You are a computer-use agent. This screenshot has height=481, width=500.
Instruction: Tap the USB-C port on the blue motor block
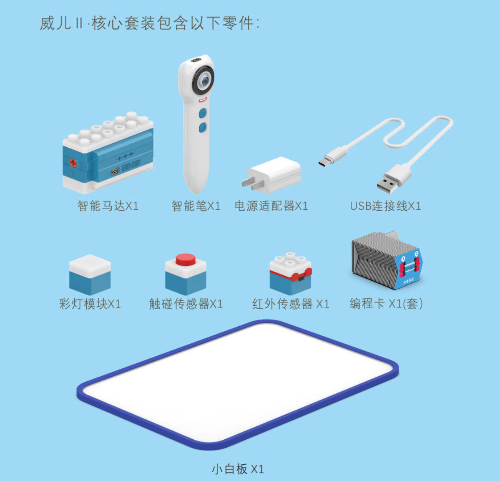[x=115, y=171]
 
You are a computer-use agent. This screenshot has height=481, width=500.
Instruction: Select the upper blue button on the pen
[x=203, y=113]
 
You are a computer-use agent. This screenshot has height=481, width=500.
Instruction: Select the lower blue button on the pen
[x=203, y=128]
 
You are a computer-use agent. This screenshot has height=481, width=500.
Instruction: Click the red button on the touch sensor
[x=185, y=259]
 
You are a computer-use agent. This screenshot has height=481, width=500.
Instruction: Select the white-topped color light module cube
[x=90, y=274]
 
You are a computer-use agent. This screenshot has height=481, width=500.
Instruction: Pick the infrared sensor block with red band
[x=291, y=273]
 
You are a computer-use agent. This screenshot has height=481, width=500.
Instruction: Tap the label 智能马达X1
[x=108, y=206]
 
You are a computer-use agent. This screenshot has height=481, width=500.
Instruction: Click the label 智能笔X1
[x=196, y=206]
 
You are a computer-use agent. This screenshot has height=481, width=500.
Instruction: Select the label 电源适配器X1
[x=271, y=206]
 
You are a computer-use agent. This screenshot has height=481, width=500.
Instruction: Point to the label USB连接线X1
[x=385, y=206]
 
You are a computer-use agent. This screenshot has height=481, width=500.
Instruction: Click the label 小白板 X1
[x=238, y=469]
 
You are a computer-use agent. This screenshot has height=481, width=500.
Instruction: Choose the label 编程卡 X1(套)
[x=386, y=304]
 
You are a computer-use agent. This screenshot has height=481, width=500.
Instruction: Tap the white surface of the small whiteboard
[x=238, y=384]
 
